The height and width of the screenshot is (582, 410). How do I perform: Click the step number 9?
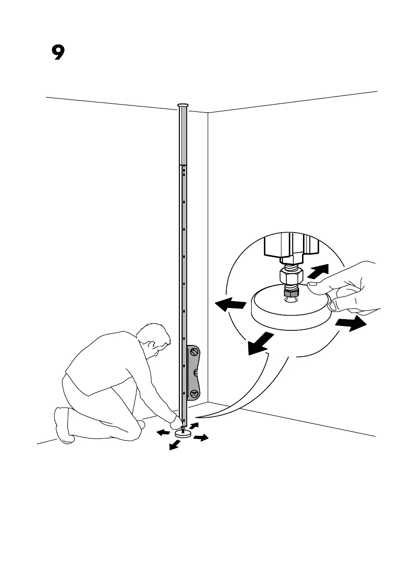(58, 52)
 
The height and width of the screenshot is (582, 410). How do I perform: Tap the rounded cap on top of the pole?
(183, 105)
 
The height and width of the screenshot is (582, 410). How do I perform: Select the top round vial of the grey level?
(194, 351)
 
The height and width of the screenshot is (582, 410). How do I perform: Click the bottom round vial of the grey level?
(194, 392)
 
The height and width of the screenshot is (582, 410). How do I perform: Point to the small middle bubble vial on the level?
(195, 372)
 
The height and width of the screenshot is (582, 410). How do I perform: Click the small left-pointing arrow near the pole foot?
(163, 432)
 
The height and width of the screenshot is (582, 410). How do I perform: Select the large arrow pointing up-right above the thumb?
(318, 271)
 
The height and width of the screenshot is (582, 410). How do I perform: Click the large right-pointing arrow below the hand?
(350, 324)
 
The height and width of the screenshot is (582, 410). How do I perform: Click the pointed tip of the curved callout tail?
(201, 417)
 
